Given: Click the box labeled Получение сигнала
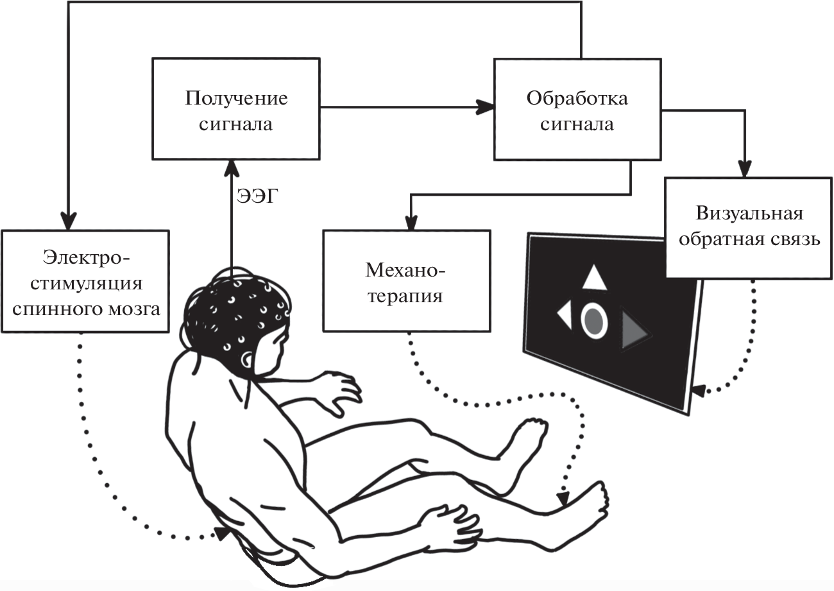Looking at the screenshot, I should [235, 108].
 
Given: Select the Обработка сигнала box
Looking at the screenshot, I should [577, 108].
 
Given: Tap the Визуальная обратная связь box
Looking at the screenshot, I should [749, 227].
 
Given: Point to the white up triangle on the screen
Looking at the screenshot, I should [594, 278].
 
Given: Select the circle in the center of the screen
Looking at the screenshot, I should [594, 320].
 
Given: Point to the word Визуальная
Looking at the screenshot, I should [749, 213].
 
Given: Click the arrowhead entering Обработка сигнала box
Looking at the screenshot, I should [486, 108].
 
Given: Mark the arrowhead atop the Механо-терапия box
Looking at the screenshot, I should [410, 222].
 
